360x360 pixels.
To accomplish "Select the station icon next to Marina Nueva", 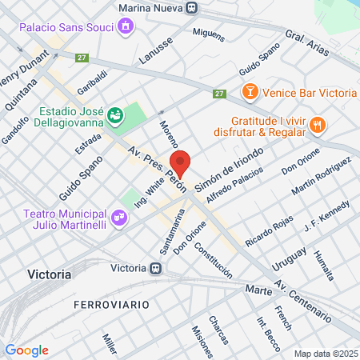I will coord(190,7).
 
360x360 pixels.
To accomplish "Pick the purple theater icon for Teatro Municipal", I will coord(119,216).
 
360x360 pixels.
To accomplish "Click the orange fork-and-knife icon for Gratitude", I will coord(318,124).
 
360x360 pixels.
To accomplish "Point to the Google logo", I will coord(27,350).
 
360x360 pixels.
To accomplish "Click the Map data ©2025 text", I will coord(326,354).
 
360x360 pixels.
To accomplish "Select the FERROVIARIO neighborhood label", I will coord(106,305).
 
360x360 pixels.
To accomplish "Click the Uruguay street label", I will coord(290,258).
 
